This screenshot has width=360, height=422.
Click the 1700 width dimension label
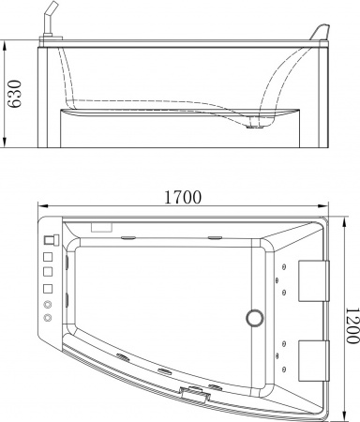[x=183, y=198]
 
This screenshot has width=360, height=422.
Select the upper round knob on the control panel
[x=46, y=304]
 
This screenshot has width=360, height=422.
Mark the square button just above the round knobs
[x=46, y=288]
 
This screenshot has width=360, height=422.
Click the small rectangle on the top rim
[x=100, y=226]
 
